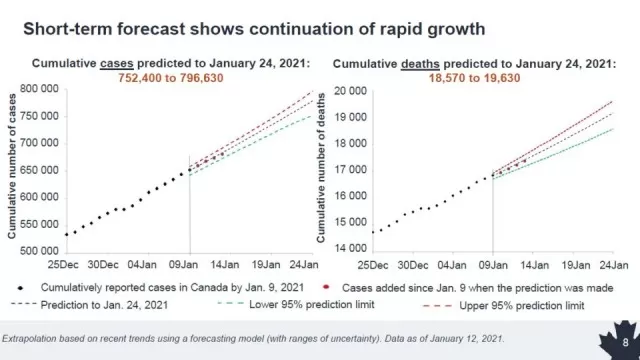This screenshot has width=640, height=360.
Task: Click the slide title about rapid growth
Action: [254, 29]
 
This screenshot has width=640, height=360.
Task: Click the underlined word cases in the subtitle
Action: [117, 64]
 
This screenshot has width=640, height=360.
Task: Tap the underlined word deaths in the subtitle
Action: [420, 64]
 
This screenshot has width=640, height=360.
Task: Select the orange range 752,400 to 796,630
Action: [171, 78]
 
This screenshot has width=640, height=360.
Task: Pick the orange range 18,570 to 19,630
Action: [474, 78]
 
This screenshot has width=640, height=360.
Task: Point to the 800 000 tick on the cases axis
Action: [39, 89]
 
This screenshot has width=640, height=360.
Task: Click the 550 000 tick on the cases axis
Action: [39, 224]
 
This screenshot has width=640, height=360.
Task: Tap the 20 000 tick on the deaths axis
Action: [351, 91]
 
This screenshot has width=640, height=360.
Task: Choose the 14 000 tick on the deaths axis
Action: [351, 248]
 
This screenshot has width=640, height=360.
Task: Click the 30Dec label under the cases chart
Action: [103, 264]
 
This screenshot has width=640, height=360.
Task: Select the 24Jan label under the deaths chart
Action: [613, 265]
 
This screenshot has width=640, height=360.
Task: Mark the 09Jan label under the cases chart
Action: [183, 264]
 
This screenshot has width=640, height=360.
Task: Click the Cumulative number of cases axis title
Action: [12, 167]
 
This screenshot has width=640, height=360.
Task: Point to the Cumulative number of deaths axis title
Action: [321, 168]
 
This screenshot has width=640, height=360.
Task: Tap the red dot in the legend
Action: [326, 287]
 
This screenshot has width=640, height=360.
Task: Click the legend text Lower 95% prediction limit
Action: [311, 304]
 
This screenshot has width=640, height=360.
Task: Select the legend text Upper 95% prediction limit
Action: [522, 306]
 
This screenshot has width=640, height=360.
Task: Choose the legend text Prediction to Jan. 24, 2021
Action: [104, 305]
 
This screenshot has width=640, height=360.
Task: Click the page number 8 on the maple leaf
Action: [625, 342]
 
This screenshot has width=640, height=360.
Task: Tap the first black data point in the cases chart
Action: [67, 235]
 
